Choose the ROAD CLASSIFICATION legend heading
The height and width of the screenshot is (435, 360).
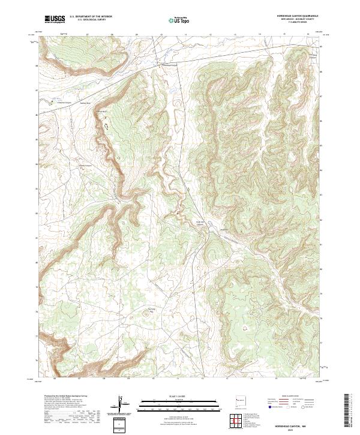pos(288,396)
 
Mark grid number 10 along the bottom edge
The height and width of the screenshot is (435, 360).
pos(153,379)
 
